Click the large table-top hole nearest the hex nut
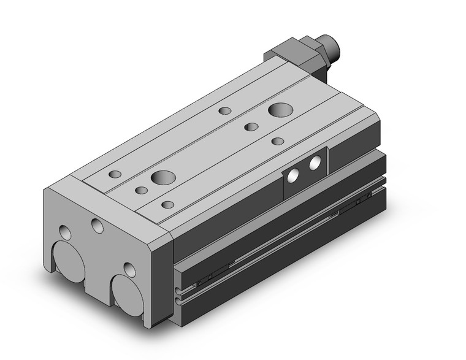click(281, 111)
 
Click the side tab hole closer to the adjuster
click(316, 163)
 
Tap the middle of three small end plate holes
click(97, 225)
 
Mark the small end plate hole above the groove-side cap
click(129, 269)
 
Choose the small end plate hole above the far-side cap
click(64, 232)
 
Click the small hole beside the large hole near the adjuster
click(251, 127)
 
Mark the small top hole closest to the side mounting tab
click(278, 142)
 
